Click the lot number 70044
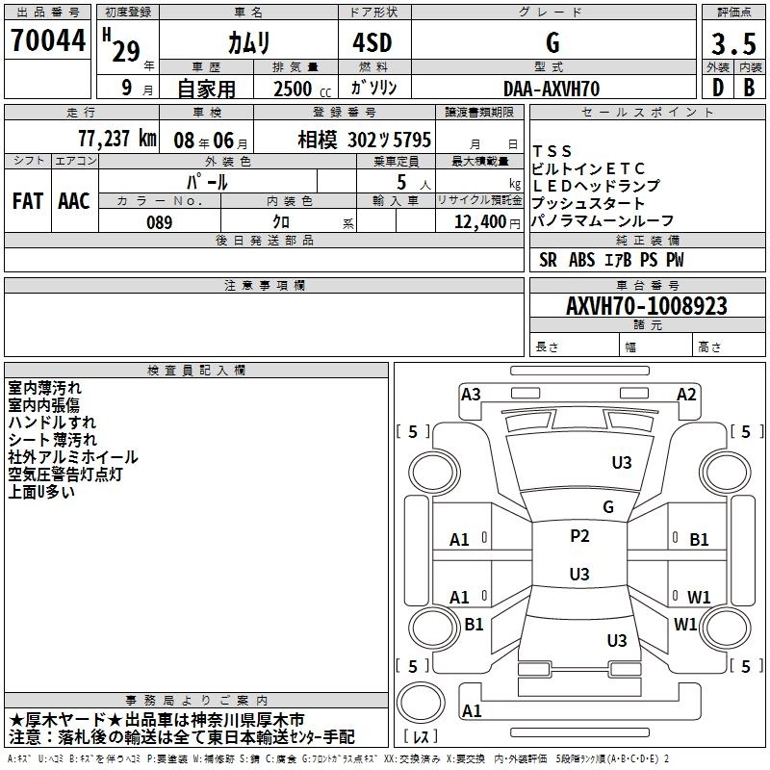(x=47, y=41)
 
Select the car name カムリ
(x=247, y=42)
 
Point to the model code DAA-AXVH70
(x=552, y=89)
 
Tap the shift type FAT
(x=27, y=200)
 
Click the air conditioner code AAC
(x=73, y=200)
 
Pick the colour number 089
(x=159, y=222)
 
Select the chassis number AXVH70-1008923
(x=646, y=306)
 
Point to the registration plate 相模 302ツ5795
(x=364, y=140)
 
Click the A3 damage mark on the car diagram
(x=471, y=394)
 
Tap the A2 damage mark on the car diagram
(x=686, y=394)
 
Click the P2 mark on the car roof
(x=579, y=536)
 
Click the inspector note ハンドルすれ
(x=52, y=423)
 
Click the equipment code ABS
(x=582, y=260)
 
